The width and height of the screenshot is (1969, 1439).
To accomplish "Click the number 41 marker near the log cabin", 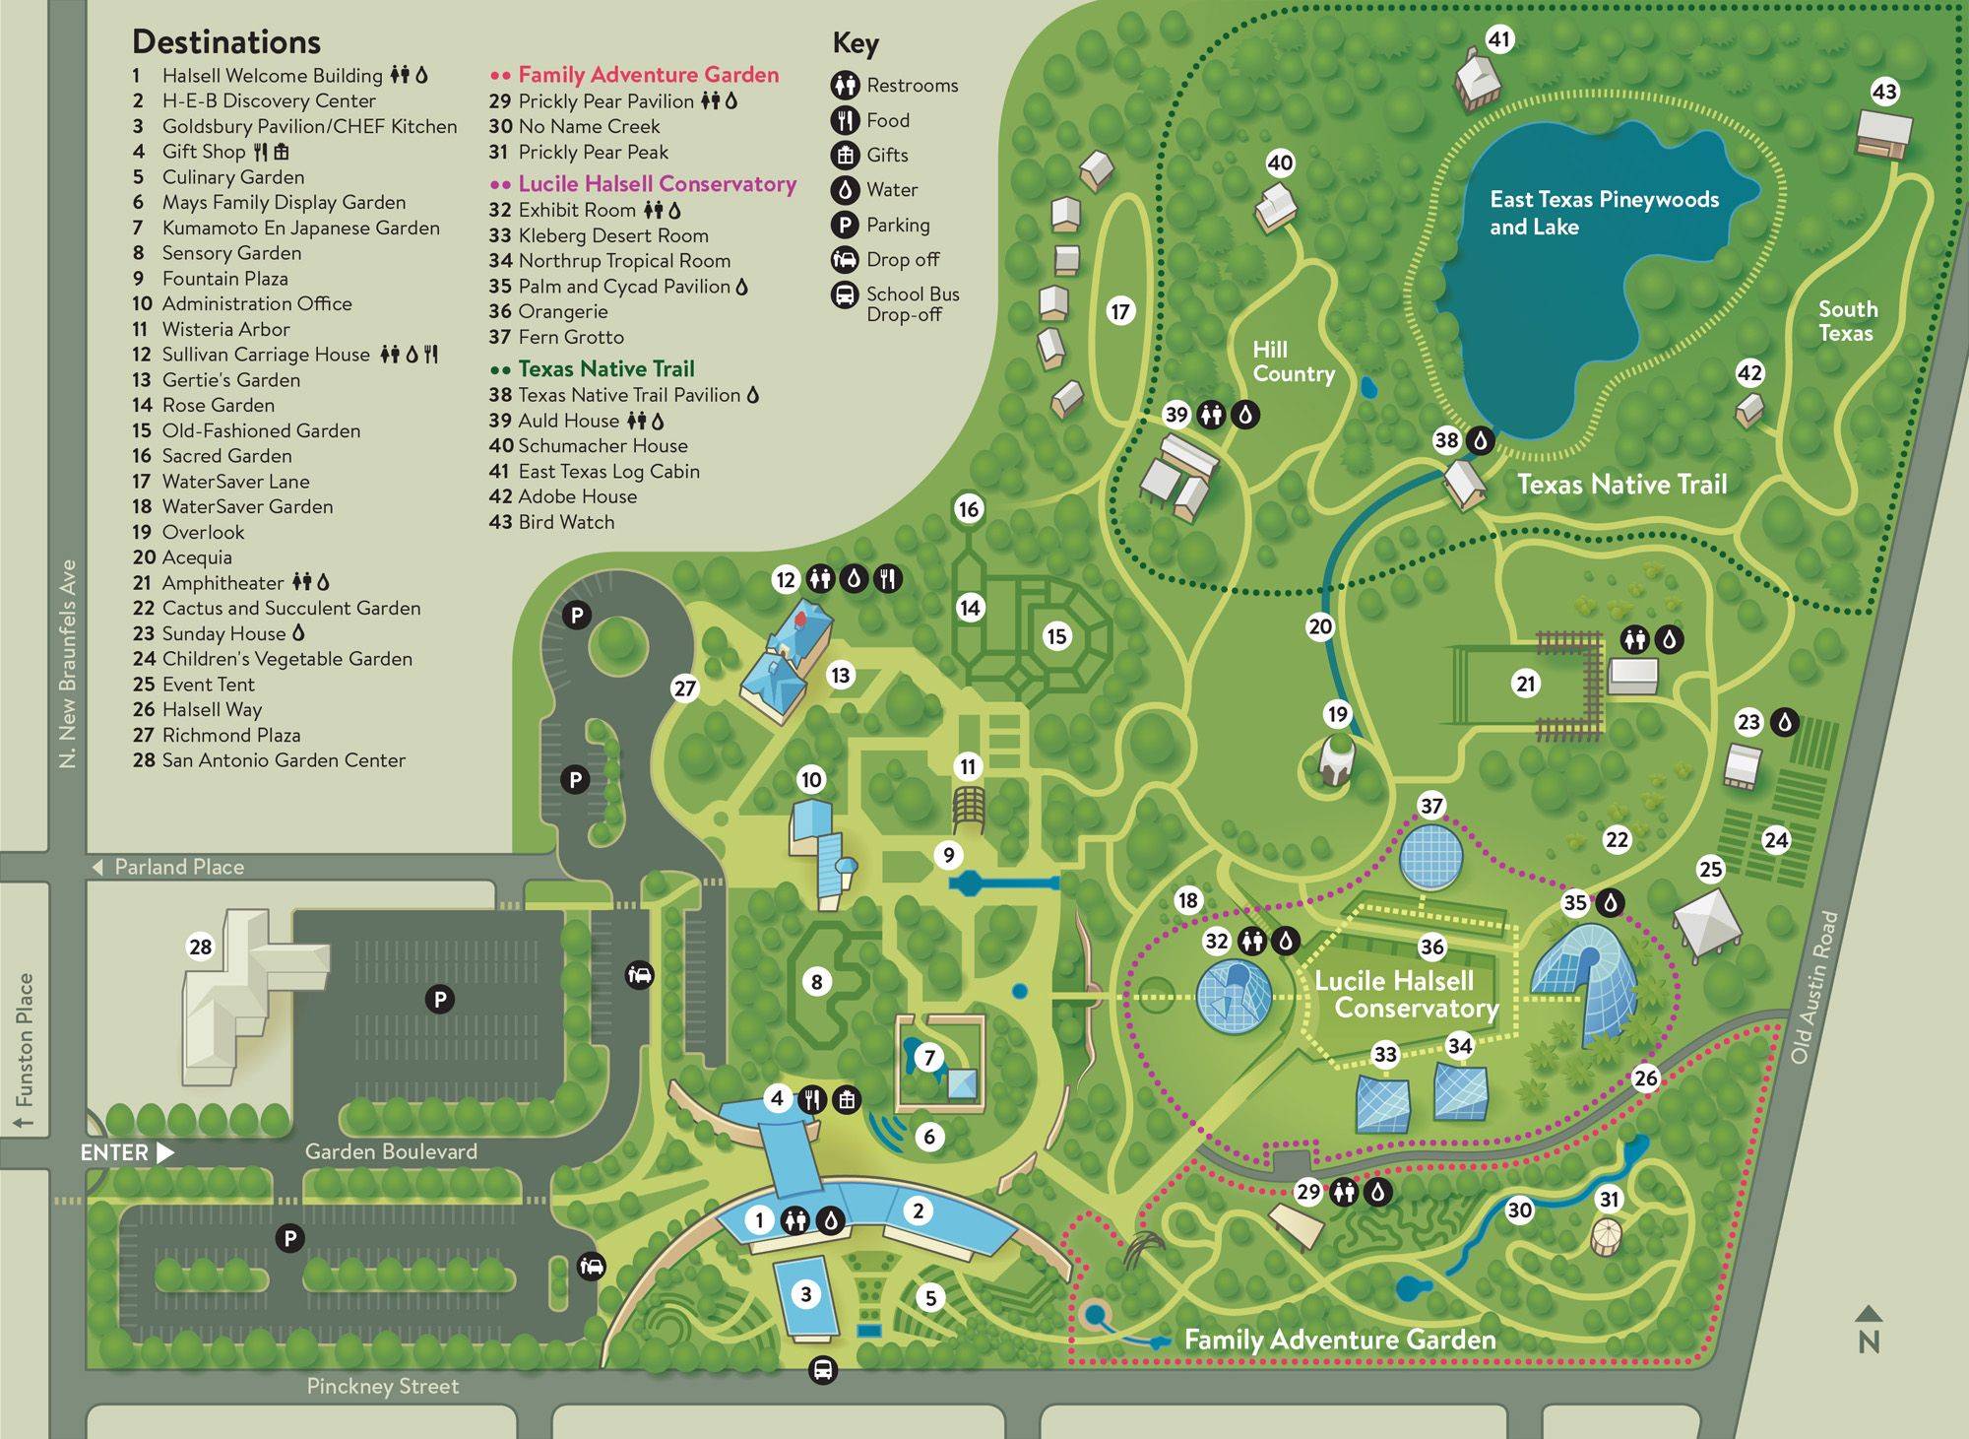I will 1498,39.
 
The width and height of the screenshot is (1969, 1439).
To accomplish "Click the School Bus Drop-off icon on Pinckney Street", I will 823,1370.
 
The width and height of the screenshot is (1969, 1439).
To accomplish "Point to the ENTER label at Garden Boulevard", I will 115,1152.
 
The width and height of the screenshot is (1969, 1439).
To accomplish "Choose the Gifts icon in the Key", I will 845,155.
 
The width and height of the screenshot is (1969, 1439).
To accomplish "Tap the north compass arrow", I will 1868,1315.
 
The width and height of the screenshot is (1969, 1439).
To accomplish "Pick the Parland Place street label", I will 178,867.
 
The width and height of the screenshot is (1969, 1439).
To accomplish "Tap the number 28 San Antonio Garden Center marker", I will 200,947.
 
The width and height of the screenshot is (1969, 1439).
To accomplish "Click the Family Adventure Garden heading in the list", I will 648,75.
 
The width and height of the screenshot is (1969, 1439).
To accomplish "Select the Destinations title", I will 226,41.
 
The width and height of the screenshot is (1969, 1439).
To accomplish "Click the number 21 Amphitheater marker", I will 1525,684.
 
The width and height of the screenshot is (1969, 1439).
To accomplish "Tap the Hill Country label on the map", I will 1293,361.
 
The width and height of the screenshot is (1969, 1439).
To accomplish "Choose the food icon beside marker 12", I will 888,579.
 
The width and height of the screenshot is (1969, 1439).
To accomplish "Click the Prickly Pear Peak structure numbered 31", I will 1606,1237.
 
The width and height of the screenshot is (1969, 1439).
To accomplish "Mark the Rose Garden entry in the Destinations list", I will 218,405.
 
